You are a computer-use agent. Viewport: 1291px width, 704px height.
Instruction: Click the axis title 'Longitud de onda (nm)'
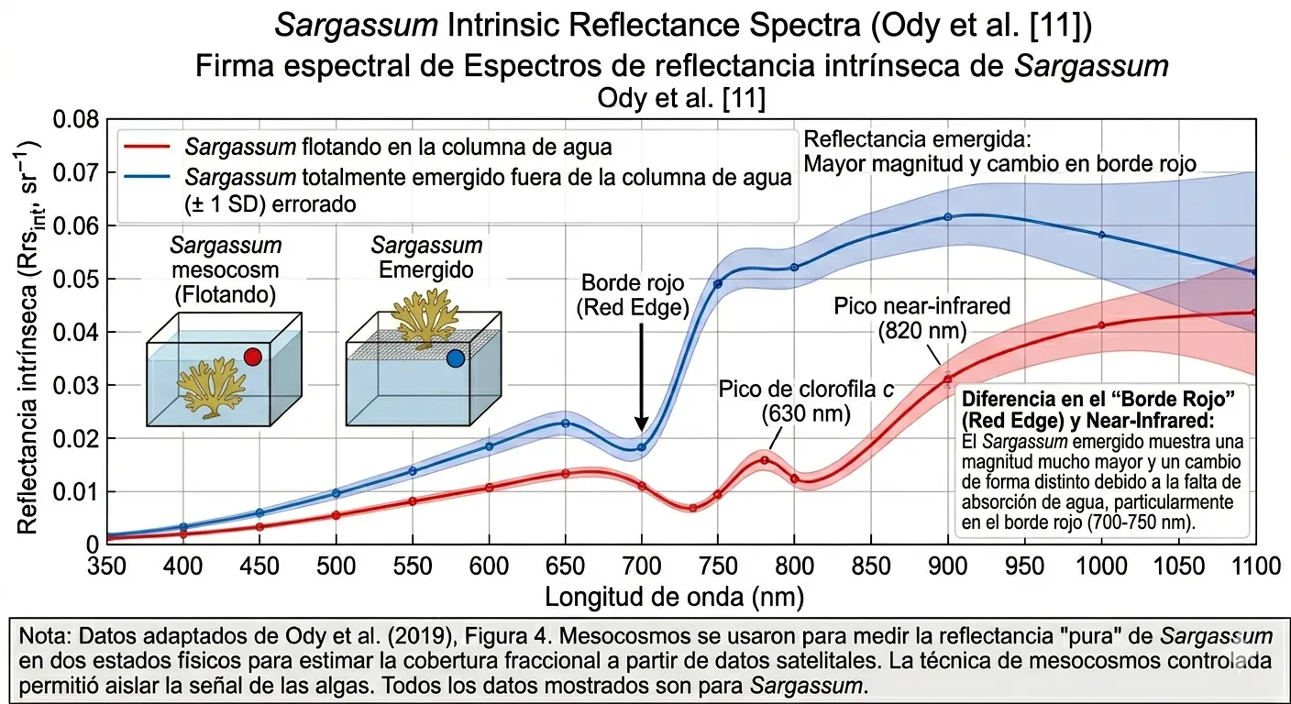tap(674, 598)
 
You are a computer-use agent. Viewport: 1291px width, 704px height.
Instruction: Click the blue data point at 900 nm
tap(948, 217)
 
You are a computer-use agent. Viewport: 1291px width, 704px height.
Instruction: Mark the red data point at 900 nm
tap(948, 379)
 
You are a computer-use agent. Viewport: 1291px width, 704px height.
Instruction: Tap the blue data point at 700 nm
tap(642, 447)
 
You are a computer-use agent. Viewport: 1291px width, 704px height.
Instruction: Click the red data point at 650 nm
tap(566, 473)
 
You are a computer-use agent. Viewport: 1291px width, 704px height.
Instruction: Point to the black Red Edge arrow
tap(642, 376)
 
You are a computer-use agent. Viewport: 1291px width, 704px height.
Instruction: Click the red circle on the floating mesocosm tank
tap(253, 356)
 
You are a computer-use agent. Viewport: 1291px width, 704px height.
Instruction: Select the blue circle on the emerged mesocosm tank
tap(455, 358)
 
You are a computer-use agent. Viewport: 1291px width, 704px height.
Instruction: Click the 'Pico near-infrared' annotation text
tap(921, 317)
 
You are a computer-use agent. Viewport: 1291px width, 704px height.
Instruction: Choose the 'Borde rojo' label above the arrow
tap(632, 295)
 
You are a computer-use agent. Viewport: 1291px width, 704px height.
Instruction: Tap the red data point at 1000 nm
tap(1101, 325)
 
